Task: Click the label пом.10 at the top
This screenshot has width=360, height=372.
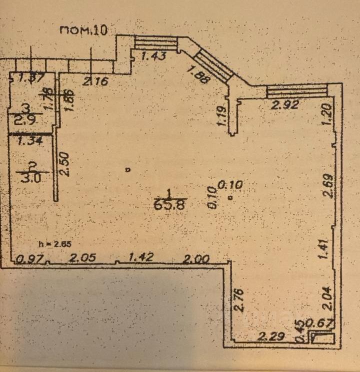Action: pos(83,30)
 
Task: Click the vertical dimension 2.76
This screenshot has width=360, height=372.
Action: pos(238,298)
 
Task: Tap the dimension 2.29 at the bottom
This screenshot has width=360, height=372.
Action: pos(271,337)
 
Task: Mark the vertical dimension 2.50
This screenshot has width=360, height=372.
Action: pos(64,164)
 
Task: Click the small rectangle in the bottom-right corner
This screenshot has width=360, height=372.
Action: pos(323,338)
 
